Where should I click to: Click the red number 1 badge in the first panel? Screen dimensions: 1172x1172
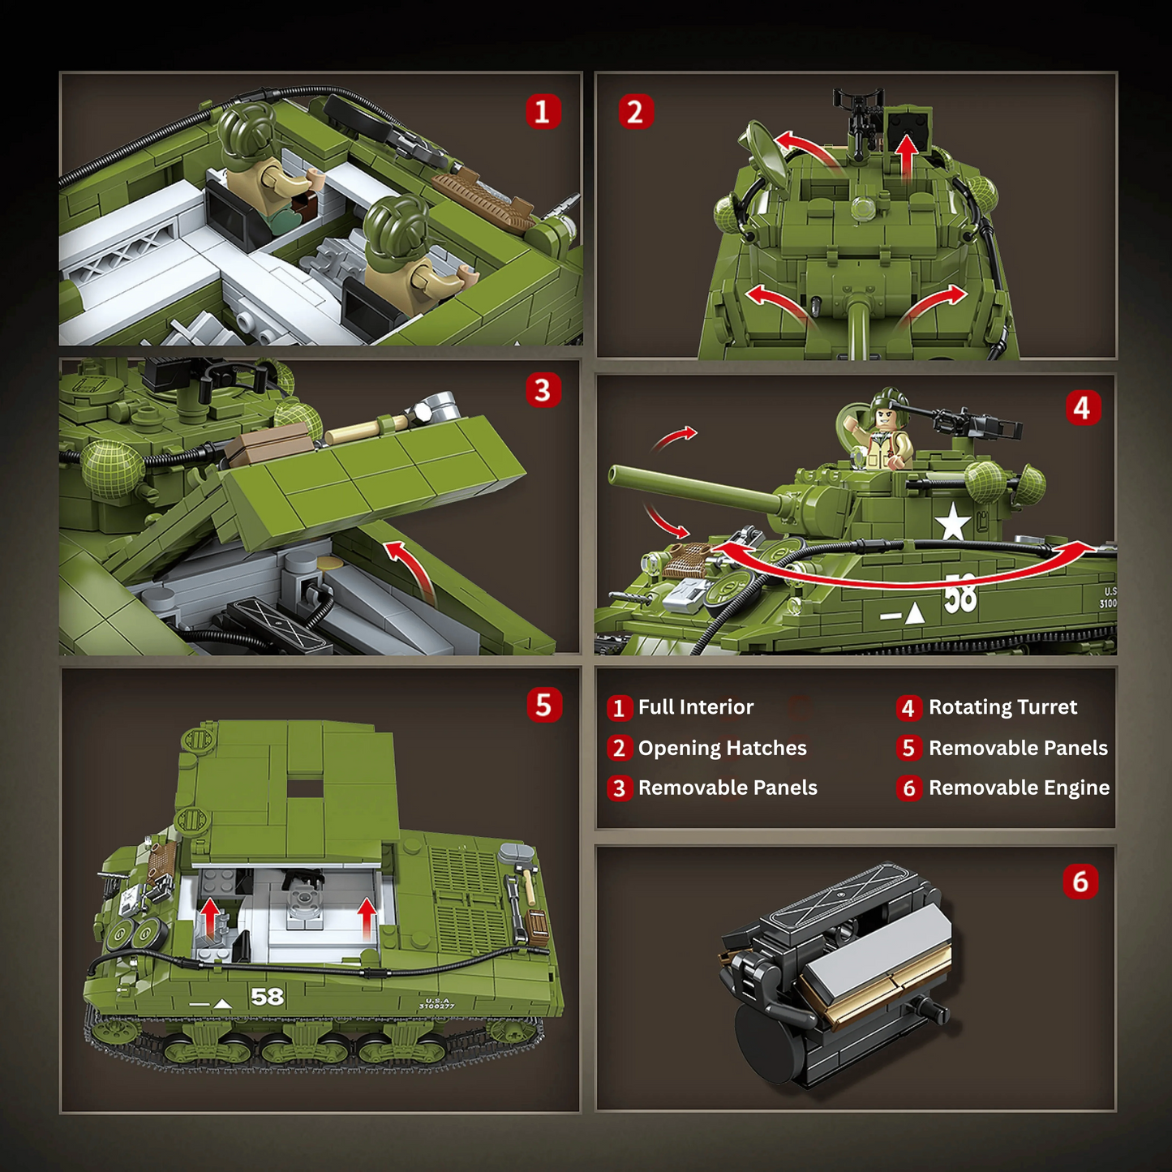(543, 111)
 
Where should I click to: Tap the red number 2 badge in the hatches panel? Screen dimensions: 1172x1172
(636, 111)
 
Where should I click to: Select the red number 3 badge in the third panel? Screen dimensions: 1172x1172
(543, 390)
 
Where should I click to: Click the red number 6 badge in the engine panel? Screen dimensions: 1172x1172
(1080, 882)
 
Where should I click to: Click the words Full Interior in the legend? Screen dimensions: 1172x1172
(695, 707)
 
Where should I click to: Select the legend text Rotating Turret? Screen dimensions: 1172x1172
(1002, 707)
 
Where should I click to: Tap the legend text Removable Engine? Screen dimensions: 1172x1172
(1019, 788)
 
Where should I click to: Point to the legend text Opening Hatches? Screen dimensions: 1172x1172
(722, 748)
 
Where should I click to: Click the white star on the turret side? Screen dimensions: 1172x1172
(952, 522)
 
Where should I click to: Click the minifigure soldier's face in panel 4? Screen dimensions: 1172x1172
(886, 419)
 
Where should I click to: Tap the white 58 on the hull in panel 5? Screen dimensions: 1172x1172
(267, 996)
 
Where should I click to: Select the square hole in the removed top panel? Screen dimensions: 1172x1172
(305, 788)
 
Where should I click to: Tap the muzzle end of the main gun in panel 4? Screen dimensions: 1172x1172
(615, 474)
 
